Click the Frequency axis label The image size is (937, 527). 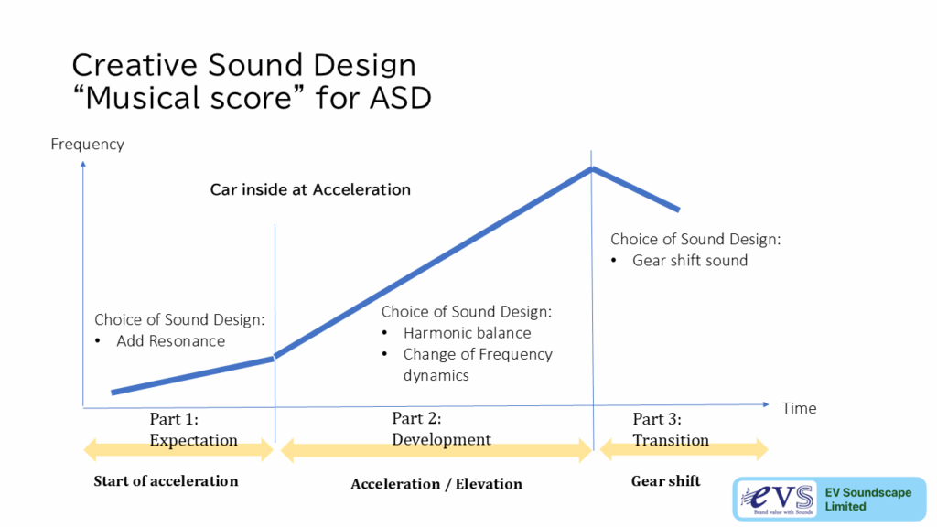click(87, 145)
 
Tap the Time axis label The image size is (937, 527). click(799, 408)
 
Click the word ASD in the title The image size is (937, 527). click(401, 98)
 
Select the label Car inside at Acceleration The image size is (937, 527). click(310, 189)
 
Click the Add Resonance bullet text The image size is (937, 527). click(171, 341)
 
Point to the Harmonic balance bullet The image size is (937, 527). click(467, 333)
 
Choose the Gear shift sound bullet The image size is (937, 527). click(690, 261)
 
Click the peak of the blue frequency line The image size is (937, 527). click(592, 169)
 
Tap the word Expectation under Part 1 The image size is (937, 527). click(194, 440)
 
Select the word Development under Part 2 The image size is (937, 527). click(441, 439)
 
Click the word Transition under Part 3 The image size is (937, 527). click(671, 440)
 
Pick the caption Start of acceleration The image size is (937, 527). click(166, 481)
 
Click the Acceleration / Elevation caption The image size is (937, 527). click(436, 484)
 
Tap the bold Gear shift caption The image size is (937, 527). click(666, 481)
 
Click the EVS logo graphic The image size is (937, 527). click(777, 499)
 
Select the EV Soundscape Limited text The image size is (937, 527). click(867, 500)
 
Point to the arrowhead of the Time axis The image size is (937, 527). click(766, 404)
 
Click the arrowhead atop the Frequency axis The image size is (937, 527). click(83, 164)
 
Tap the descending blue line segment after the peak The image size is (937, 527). click(636, 190)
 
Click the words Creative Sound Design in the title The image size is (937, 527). click(243, 65)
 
